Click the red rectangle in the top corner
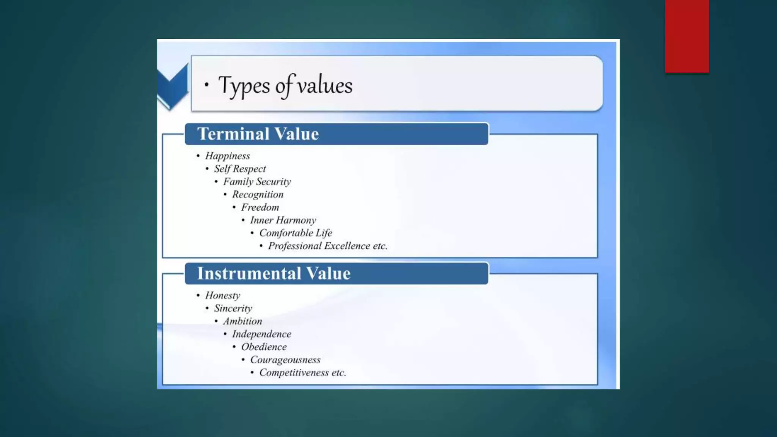click(687, 36)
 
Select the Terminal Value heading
click(258, 134)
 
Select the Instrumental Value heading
click(274, 274)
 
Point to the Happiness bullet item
click(228, 156)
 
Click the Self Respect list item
click(240, 169)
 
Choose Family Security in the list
click(257, 182)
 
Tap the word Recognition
click(258, 195)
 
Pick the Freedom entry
click(260, 207)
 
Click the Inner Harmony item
click(283, 220)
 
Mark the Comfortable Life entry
click(296, 233)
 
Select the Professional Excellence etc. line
click(327, 246)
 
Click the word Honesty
click(223, 296)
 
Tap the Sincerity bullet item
click(233, 308)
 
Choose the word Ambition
click(242, 321)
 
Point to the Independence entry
click(262, 334)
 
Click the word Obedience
click(264, 347)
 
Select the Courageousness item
click(285, 360)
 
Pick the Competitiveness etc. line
click(302, 373)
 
